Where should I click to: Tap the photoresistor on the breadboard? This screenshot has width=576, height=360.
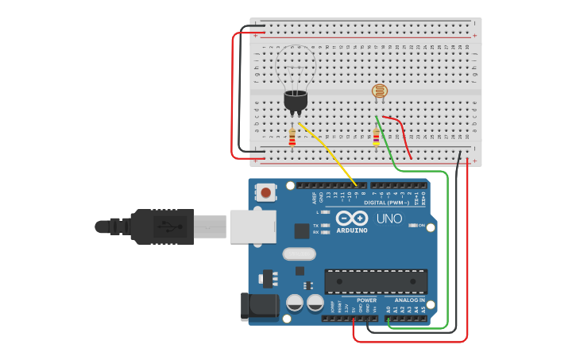[380, 92]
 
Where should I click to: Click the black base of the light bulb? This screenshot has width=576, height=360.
[296, 101]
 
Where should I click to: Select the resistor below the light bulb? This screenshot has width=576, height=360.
[292, 138]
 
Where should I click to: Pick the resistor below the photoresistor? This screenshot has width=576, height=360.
[376, 138]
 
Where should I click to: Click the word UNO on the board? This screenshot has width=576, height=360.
[389, 219]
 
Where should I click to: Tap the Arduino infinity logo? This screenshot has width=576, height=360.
[351, 219]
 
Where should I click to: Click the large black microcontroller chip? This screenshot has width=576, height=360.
[376, 281]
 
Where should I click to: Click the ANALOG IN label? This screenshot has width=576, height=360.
[410, 300]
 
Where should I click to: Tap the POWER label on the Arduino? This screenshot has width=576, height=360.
[366, 300]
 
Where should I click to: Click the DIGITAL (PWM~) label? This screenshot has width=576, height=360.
[387, 203]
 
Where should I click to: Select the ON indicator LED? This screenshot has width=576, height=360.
[412, 226]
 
